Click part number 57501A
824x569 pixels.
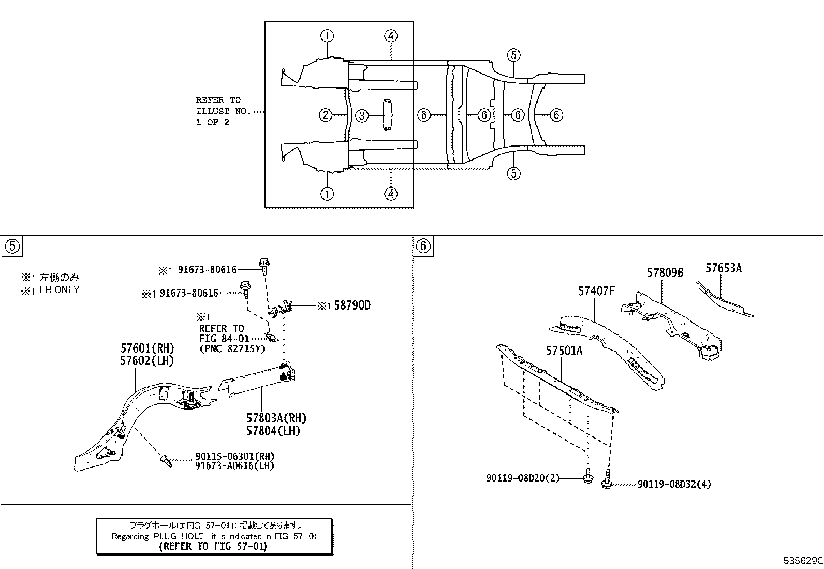(x=564, y=351)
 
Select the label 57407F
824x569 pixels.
(x=596, y=291)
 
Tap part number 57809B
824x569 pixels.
(x=665, y=273)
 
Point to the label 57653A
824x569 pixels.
(x=723, y=268)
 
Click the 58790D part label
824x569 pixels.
(x=352, y=305)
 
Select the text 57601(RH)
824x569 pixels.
(x=148, y=348)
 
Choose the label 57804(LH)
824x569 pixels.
(x=274, y=430)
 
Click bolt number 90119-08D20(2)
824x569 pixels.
(x=523, y=478)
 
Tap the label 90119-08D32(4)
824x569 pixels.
(x=674, y=484)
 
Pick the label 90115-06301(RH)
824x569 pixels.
(x=234, y=456)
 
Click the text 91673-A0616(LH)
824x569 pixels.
(x=234, y=465)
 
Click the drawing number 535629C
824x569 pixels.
(x=802, y=561)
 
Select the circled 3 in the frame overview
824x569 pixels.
(x=362, y=116)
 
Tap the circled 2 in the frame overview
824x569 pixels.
(x=325, y=115)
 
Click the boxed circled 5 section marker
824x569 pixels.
(x=12, y=246)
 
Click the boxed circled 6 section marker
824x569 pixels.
(x=423, y=246)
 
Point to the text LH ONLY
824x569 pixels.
(x=60, y=290)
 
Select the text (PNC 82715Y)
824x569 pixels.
(x=232, y=348)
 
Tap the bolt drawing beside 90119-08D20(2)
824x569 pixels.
(x=588, y=477)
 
